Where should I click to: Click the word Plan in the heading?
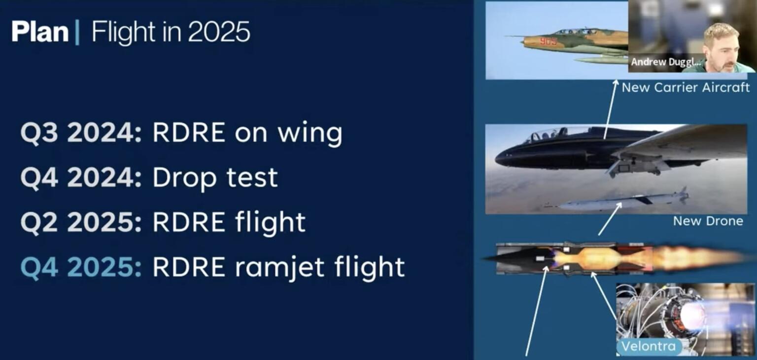[x=40, y=33]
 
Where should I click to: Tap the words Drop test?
[x=215, y=178]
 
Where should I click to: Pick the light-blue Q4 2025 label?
[x=81, y=267]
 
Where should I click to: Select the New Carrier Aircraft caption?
[x=686, y=88]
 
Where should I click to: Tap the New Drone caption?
[x=708, y=221]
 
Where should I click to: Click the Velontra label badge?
[x=649, y=346]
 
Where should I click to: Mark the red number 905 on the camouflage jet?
[x=548, y=41]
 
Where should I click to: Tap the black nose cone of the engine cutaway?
[x=513, y=258]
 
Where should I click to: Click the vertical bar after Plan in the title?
[x=77, y=33]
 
